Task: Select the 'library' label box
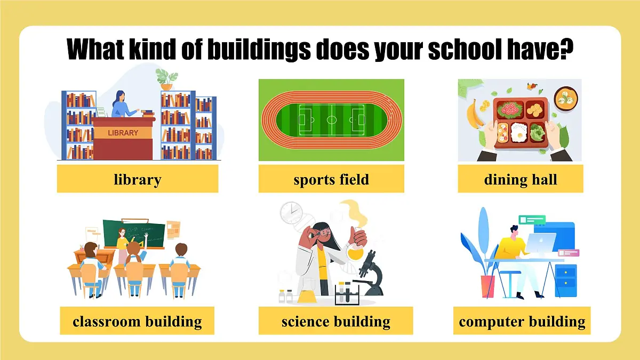[x=138, y=179]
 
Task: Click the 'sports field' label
[x=331, y=179]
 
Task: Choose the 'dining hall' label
[x=521, y=179]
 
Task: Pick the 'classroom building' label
[x=137, y=321]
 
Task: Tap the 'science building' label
[x=335, y=321]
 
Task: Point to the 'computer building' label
[x=522, y=321]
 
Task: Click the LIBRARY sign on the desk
[x=123, y=132]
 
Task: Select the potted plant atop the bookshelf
[x=166, y=79]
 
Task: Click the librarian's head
[x=119, y=97]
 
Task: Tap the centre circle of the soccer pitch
[x=331, y=119]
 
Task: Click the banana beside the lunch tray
[x=472, y=114]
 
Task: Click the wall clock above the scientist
[x=291, y=212]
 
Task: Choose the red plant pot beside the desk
[x=487, y=285]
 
